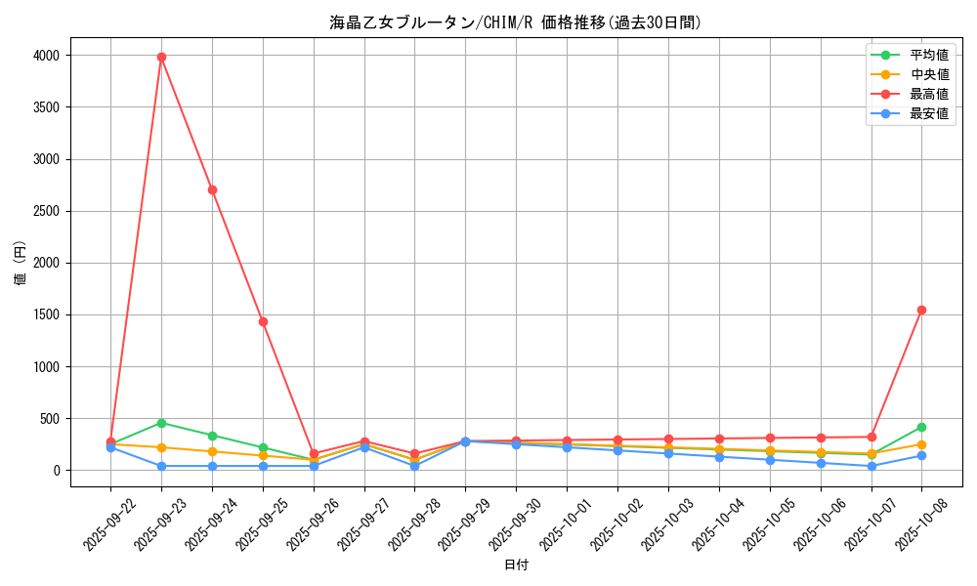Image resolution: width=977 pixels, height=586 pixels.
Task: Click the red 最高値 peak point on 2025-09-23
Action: (x=161, y=57)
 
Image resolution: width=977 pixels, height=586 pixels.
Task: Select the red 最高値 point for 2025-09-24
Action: (x=212, y=189)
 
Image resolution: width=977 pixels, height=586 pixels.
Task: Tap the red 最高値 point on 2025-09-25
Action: (x=263, y=321)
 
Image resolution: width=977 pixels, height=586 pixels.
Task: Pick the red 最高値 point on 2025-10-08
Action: (x=921, y=310)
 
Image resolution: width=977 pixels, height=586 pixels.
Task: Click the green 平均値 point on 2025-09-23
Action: (x=161, y=423)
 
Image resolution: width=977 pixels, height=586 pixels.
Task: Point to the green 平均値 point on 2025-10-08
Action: (x=921, y=427)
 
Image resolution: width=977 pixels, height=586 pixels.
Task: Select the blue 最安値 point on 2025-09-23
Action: (x=161, y=466)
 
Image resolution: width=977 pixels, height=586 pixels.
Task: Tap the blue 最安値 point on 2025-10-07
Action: (x=871, y=466)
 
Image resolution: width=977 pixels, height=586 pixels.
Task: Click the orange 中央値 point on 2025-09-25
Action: (x=263, y=456)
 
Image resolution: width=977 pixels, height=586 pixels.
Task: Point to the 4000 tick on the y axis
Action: (x=47, y=56)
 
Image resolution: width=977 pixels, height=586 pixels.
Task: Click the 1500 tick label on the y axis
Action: (x=47, y=315)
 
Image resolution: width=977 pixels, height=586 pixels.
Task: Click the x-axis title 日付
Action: (x=516, y=565)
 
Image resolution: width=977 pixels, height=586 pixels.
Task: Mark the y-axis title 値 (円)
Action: (x=20, y=264)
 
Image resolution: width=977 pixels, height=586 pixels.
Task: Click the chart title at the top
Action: (x=516, y=22)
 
